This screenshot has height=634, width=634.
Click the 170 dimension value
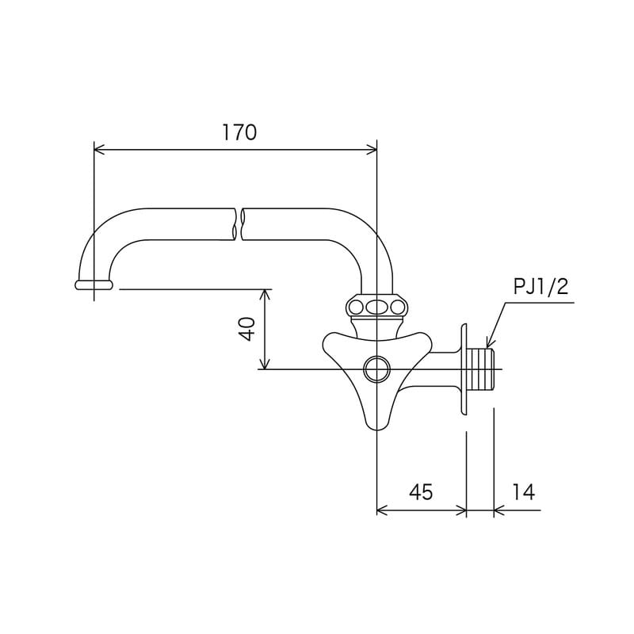pos(239,132)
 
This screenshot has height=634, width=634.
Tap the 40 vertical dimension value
pos(247,329)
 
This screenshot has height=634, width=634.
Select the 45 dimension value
pos(421,492)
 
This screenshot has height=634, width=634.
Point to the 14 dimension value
pos(524,492)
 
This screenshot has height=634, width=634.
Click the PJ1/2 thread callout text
pos(540,287)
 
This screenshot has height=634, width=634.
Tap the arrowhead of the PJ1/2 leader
pos(489,344)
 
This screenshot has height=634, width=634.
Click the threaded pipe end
pos(481,369)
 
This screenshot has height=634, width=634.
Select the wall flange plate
pos(464,369)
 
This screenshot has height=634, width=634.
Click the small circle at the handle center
pos(376,369)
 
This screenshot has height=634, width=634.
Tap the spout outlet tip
pos(94,285)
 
